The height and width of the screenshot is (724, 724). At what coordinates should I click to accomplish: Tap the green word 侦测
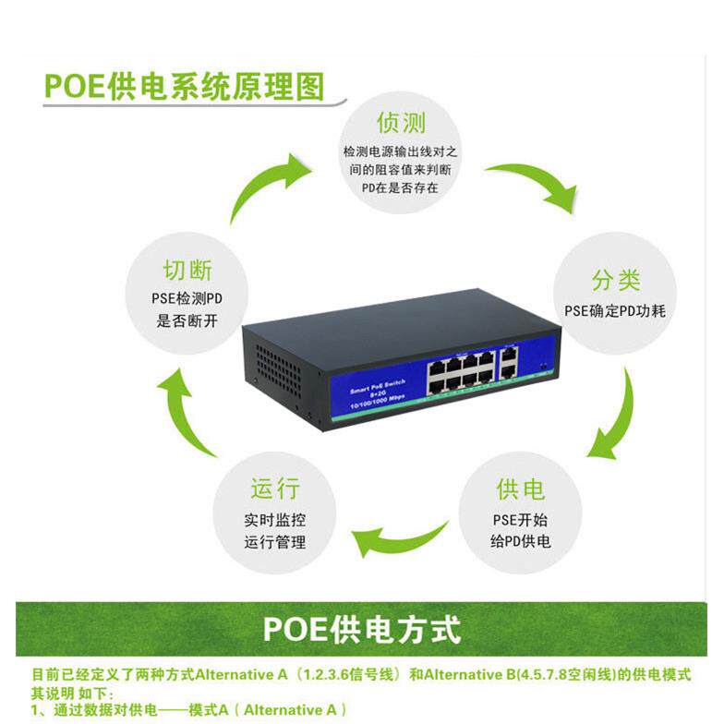point(401,122)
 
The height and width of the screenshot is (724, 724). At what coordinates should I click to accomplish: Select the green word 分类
point(616,281)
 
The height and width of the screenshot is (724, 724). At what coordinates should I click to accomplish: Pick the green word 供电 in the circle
point(520,489)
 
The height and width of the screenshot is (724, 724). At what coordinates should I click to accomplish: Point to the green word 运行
point(275,489)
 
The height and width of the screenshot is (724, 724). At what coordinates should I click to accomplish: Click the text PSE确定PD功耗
point(615,311)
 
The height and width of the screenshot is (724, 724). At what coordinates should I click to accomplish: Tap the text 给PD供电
point(520,542)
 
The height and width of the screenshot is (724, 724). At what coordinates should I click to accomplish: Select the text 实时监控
point(275,520)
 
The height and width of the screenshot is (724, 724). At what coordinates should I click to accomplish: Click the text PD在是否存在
point(400,187)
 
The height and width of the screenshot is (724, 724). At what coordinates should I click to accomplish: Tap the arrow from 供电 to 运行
point(401,541)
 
